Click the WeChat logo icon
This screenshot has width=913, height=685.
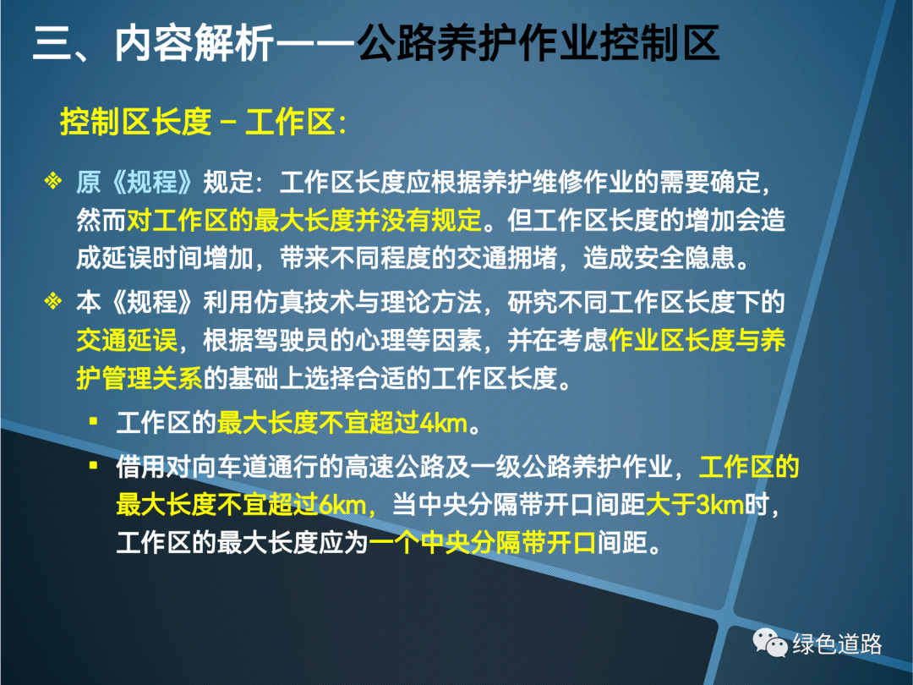coord(770,643)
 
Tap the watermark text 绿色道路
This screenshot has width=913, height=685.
coord(837,644)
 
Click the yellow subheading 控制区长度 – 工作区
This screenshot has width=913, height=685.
coord(203,122)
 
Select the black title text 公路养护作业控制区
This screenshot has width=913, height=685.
coord(539,43)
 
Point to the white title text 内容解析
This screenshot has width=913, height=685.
coord(194,43)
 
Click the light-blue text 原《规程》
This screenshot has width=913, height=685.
coord(134,183)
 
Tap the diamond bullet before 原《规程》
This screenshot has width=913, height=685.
coord(53,181)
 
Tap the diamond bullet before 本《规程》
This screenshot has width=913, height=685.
coord(53,301)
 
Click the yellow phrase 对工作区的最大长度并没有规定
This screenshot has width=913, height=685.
coord(304,220)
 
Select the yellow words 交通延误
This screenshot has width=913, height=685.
coord(127,341)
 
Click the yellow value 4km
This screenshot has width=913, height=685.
coord(444,424)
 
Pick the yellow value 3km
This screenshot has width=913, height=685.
coord(720,504)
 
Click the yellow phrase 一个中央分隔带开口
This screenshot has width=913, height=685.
coord(482,543)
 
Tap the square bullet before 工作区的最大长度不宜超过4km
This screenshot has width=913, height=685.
coord(93,420)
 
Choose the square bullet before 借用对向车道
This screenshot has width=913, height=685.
coord(93,465)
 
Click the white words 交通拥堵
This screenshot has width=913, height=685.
coord(507,258)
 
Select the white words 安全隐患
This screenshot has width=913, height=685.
coord(685,258)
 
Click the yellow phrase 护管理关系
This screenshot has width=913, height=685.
coord(139,379)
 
